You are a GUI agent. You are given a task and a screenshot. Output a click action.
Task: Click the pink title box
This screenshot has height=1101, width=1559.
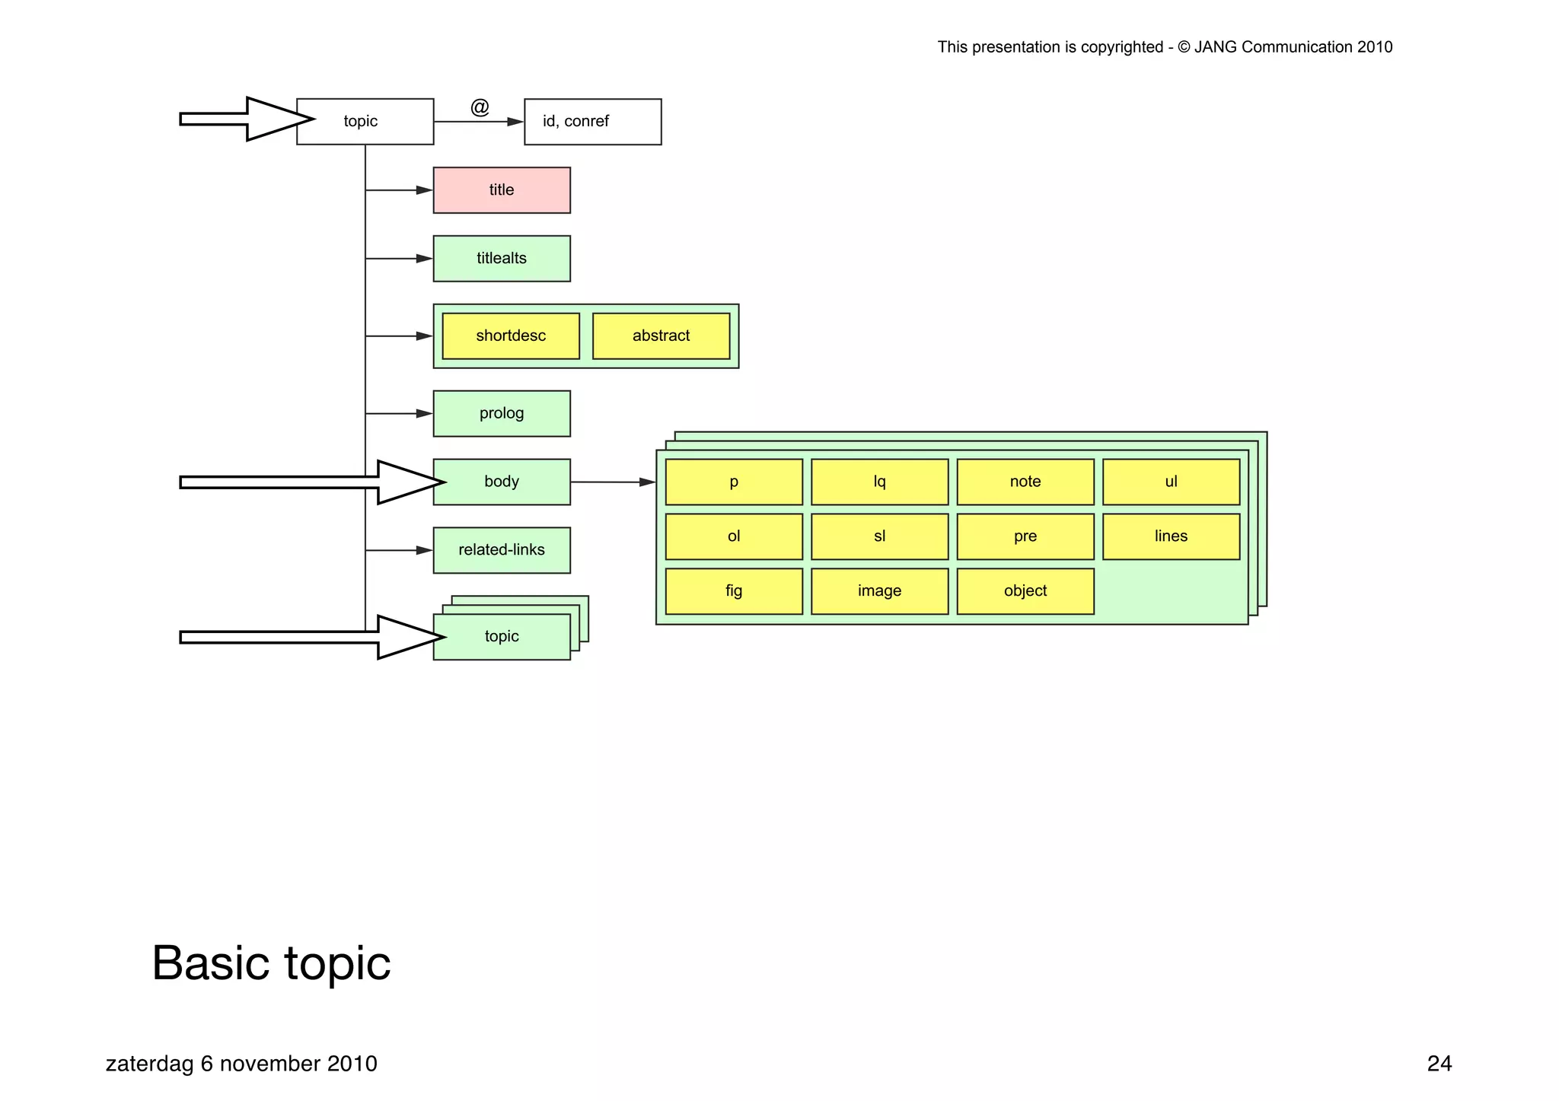click(502, 190)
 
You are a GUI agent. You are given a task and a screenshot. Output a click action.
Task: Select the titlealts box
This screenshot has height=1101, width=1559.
click(502, 259)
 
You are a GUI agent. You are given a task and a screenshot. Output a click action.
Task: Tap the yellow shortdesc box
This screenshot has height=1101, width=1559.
click(511, 336)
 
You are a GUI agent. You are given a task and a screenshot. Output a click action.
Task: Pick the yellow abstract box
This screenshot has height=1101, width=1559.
click(661, 336)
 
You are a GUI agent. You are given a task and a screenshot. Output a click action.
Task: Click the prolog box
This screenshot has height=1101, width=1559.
click(502, 413)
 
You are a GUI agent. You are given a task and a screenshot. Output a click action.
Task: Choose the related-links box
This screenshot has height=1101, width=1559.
click(502, 550)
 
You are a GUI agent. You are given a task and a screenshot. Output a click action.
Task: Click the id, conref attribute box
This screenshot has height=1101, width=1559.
click(592, 122)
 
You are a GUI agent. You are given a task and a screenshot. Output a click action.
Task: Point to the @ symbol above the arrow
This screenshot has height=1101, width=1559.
click(480, 107)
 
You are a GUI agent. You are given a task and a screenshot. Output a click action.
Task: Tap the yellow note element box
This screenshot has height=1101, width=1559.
click(1025, 482)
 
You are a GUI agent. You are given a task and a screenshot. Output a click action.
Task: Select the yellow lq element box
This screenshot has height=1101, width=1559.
click(879, 482)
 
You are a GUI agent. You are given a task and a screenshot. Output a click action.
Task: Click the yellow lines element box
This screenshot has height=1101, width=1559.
click(1171, 536)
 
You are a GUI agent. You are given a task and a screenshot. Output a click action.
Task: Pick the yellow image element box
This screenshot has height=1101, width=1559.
click(879, 591)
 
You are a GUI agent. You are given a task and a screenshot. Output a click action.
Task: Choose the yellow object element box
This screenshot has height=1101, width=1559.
click(1025, 591)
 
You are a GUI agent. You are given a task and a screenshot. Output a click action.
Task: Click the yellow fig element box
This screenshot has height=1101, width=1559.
click(734, 591)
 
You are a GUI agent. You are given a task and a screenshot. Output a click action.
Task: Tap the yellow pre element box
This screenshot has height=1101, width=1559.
click(1025, 536)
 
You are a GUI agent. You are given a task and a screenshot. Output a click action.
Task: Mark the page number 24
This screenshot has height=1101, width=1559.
click(1439, 1064)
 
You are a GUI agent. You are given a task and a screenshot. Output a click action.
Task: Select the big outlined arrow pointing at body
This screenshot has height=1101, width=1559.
click(304, 482)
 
